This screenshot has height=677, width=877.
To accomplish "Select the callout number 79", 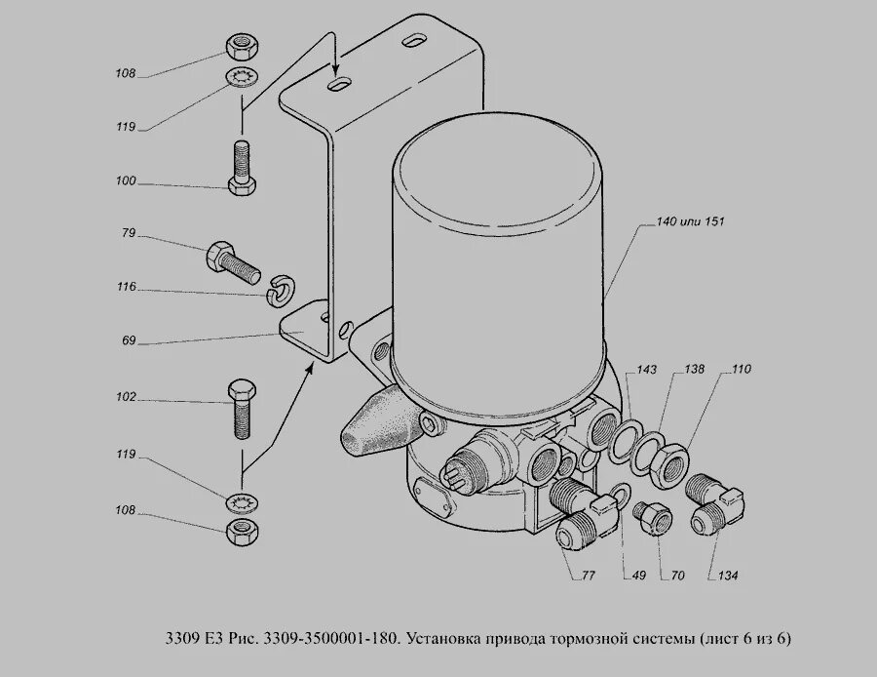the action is point(128,234).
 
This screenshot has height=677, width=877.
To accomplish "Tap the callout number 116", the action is point(128,288).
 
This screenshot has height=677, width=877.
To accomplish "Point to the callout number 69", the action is point(130,341).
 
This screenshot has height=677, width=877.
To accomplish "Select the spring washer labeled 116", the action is point(280,286).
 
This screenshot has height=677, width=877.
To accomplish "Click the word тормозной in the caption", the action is point(607,640).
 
